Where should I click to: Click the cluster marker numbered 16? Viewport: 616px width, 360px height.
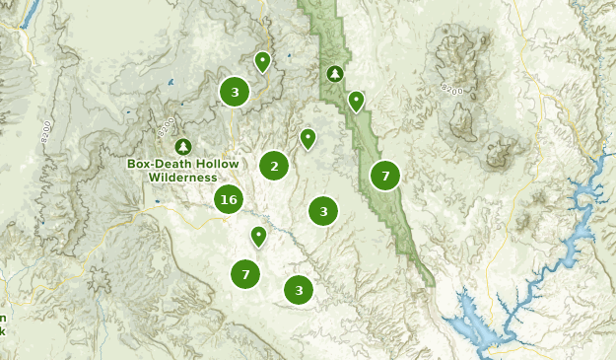point(229,199)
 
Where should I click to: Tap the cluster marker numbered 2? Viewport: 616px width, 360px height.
point(274,166)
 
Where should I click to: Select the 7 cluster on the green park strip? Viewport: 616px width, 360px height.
point(385,176)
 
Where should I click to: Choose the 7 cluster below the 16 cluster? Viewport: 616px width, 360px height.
point(245,273)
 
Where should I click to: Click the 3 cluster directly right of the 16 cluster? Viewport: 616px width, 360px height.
point(323,210)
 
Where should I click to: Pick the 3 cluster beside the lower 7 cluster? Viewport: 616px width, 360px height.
point(299,290)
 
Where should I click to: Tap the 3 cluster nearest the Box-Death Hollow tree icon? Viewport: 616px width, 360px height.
point(235,93)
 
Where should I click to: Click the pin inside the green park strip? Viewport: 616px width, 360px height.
point(356,101)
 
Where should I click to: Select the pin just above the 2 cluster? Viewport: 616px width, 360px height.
point(308,138)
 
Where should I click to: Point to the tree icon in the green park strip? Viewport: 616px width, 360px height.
point(335,74)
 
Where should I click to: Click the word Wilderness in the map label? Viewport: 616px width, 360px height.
point(182,178)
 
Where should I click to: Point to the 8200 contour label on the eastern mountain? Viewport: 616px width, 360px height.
point(452,90)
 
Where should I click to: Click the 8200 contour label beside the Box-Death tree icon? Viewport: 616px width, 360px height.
point(165,126)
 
